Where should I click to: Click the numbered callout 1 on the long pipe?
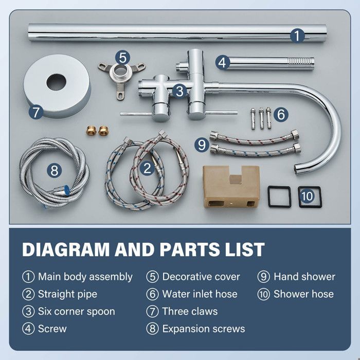(x=297, y=36)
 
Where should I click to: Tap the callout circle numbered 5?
(x=122, y=58)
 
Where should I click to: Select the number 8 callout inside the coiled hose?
(x=54, y=171)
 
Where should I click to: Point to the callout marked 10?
(x=307, y=196)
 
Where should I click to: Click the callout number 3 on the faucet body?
(x=179, y=91)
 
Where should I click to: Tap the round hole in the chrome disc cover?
(x=56, y=82)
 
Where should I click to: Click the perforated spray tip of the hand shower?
(x=301, y=61)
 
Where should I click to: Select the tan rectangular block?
(x=231, y=186)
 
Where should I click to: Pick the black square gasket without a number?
(x=279, y=196)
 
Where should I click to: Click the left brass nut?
(x=91, y=131)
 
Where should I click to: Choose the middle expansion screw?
(x=261, y=118)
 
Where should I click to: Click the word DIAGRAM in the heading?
(x=66, y=249)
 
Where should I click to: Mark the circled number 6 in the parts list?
(x=152, y=294)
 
